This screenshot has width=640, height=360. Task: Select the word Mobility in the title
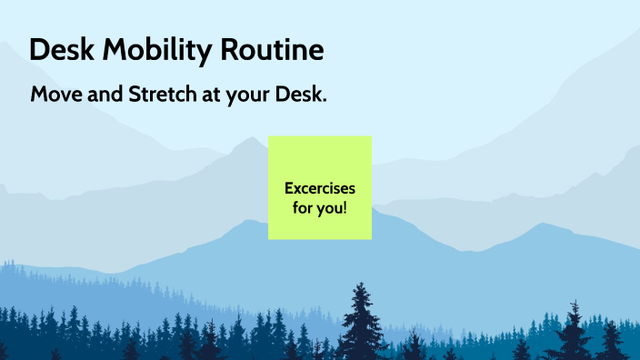(155, 50)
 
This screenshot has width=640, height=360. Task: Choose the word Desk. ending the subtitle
(297, 95)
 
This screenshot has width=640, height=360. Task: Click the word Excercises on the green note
(319, 189)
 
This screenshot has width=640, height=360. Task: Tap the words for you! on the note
(319, 207)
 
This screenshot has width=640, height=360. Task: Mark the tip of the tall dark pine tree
(363, 284)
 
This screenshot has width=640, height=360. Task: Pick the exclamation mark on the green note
(345, 207)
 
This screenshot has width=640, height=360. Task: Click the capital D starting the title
(39, 50)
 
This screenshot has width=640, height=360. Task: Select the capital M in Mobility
(115, 50)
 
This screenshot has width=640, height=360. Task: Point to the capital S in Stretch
(132, 95)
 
